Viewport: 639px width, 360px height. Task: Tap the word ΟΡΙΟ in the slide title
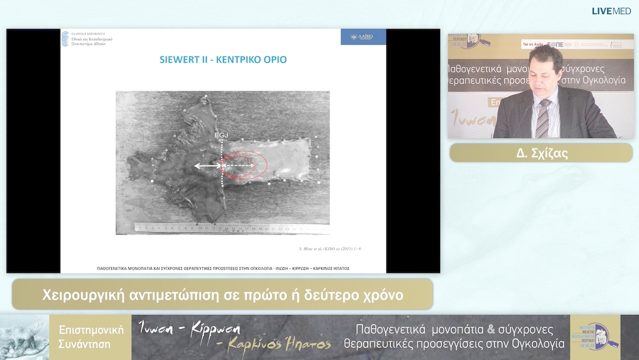coord(275,60)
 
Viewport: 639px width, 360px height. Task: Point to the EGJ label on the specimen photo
coord(221,136)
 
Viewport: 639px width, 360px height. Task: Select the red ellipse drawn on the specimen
coord(240,165)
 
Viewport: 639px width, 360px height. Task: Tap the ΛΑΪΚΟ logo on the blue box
coord(363,37)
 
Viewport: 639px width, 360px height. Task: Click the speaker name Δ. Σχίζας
coord(541,153)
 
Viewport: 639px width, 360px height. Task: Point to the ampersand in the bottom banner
coord(490,330)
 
